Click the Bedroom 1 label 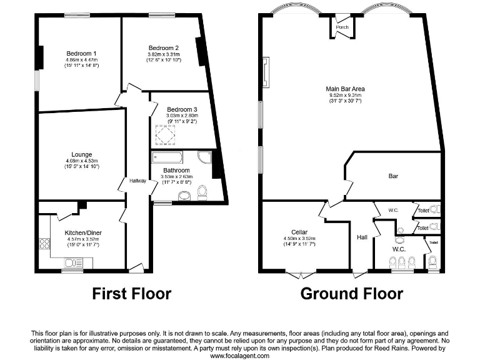click(77, 53)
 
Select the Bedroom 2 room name click(164, 48)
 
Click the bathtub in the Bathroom click(166, 156)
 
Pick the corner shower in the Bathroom click(204, 157)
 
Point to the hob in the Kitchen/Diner click(45, 244)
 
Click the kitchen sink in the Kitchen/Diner click(72, 263)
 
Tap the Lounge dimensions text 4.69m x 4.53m click(82, 161)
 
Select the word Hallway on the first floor click(137, 181)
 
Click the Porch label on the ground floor click(342, 27)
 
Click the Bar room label click(393, 176)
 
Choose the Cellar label click(299, 232)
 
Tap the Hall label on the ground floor click(361, 237)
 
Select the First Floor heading click(131, 293)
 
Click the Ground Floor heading click(351, 293)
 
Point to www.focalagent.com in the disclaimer click(239, 356)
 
